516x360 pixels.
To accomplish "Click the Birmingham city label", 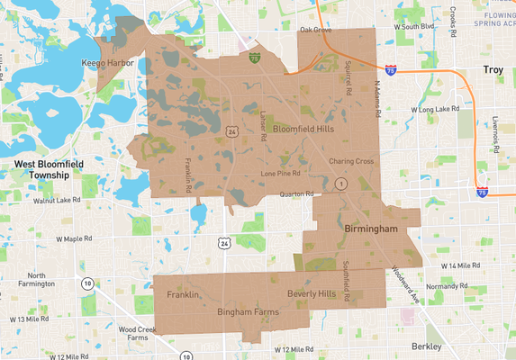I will (371, 229).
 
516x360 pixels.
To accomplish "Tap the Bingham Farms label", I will (248, 311).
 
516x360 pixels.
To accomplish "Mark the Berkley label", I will (425, 346).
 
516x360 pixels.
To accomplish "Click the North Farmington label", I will (37, 281).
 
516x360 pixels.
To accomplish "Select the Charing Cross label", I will (351, 162).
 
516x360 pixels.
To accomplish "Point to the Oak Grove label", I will (316, 30).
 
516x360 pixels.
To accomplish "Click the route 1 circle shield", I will (340, 183).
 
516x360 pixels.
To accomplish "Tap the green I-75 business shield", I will (255, 56).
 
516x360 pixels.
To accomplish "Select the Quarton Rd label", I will (296, 193).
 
